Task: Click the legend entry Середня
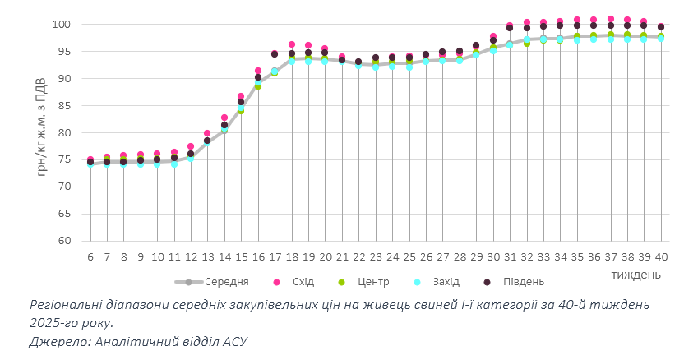(x=226, y=282)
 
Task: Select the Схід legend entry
(x=303, y=282)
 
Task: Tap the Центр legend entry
(x=372, y=282)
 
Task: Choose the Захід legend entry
(x=446, y=282)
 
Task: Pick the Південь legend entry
(x=523, y=282)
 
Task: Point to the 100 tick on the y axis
(x=62, y=25)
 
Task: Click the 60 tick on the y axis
(x=66, y=241)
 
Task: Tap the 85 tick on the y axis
(x=66, y=106)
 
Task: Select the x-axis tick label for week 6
(x=90, y=256)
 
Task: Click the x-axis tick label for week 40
(x=661, y=256)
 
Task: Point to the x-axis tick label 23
(x=376, y=256)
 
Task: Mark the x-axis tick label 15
(x=241, y=256)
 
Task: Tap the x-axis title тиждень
(x=635, y=271)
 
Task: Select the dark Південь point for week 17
(x=275, y=54)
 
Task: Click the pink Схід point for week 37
(x=611, y=19)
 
